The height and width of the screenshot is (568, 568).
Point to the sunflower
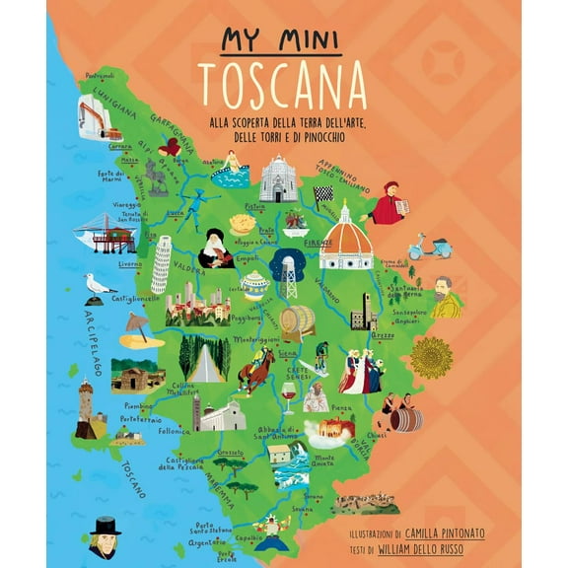pos(430,357)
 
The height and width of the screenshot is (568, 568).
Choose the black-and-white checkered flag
pos(322,193)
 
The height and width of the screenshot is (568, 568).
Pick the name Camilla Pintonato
pos(443,532)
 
